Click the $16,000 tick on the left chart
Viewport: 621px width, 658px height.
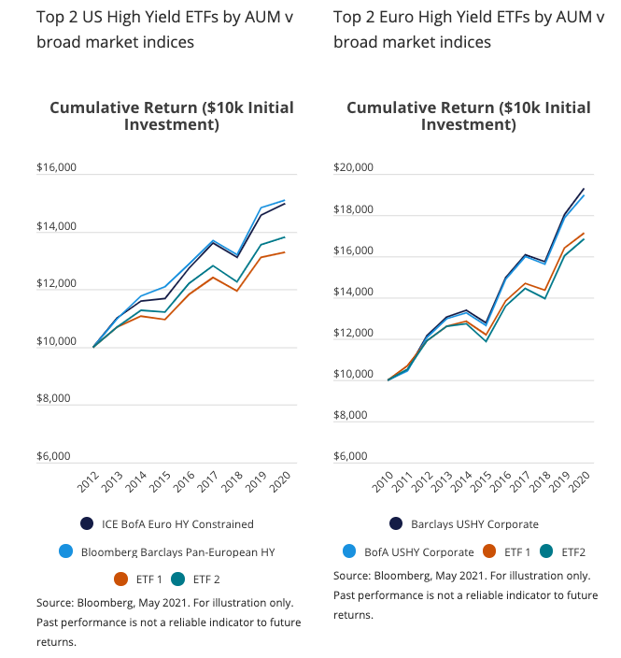tap(56, 169)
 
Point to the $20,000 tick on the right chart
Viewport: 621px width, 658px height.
tap(353, 169)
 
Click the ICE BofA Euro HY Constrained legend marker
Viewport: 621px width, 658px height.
tap(87, 523)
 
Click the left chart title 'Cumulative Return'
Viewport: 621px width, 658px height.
tap(121, 107)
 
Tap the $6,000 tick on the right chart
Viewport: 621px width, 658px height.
tap(353, 457)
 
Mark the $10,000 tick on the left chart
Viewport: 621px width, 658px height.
tap(56, 342)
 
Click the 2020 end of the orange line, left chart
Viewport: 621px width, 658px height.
tap(285, 252)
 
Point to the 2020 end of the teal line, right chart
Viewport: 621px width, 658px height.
tap(584, 239)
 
